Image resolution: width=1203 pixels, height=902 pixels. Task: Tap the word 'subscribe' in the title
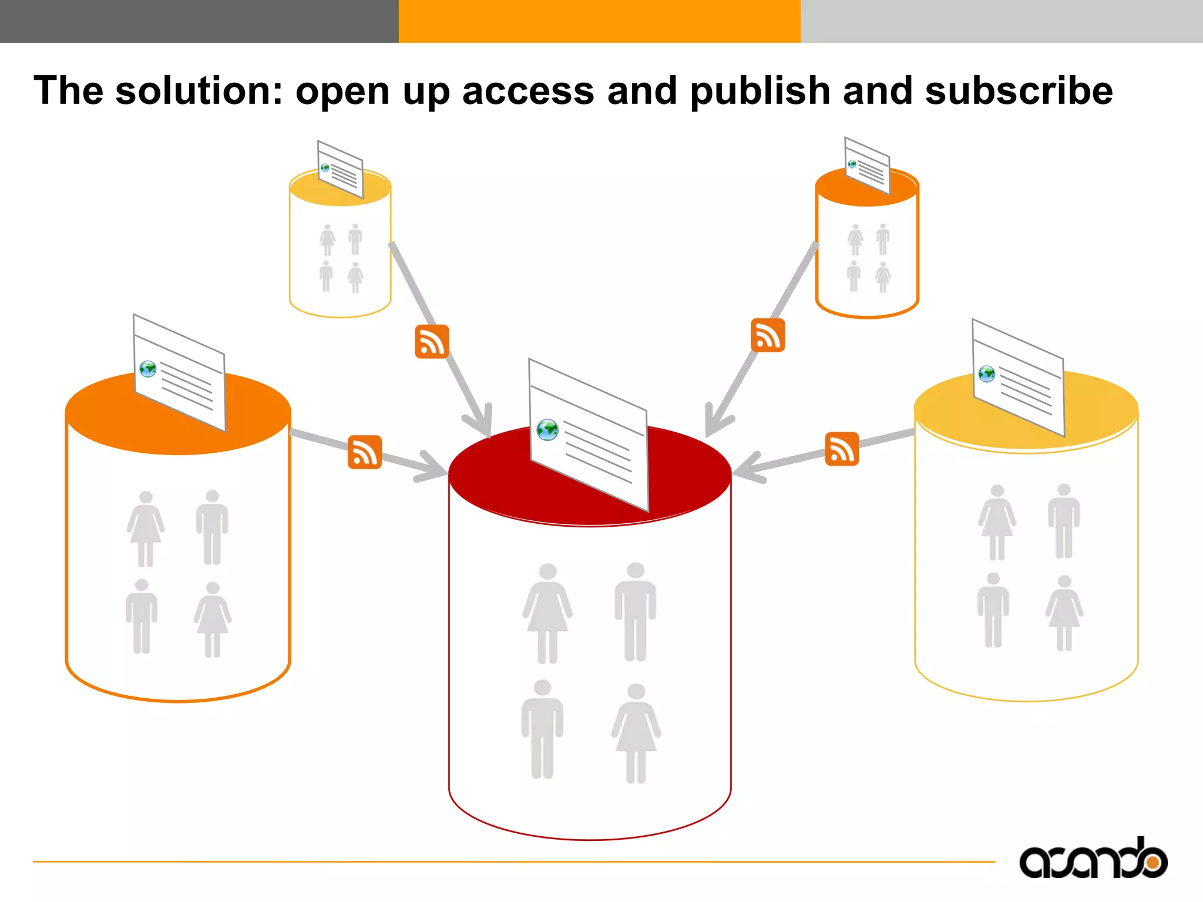tap(1019, 91)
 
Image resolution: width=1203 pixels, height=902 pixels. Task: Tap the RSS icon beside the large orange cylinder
tap(365, 452)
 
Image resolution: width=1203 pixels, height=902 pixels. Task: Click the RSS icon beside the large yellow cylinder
tap(842, 449)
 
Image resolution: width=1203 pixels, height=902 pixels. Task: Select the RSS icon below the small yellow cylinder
tap(432, 341)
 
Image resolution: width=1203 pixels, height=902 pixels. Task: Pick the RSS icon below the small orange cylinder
tap(768, 335)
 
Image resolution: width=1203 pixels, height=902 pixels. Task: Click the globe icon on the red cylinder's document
tap(547, 430)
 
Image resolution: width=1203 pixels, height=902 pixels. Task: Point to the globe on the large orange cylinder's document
tap(148, 369)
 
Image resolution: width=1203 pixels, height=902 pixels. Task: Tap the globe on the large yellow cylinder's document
tap(987, 373)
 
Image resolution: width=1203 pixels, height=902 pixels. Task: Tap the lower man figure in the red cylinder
tap(542, 729)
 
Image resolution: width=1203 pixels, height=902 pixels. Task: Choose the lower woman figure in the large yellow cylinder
tap(1064, 612)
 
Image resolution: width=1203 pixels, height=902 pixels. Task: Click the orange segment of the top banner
tap(599, 21)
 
